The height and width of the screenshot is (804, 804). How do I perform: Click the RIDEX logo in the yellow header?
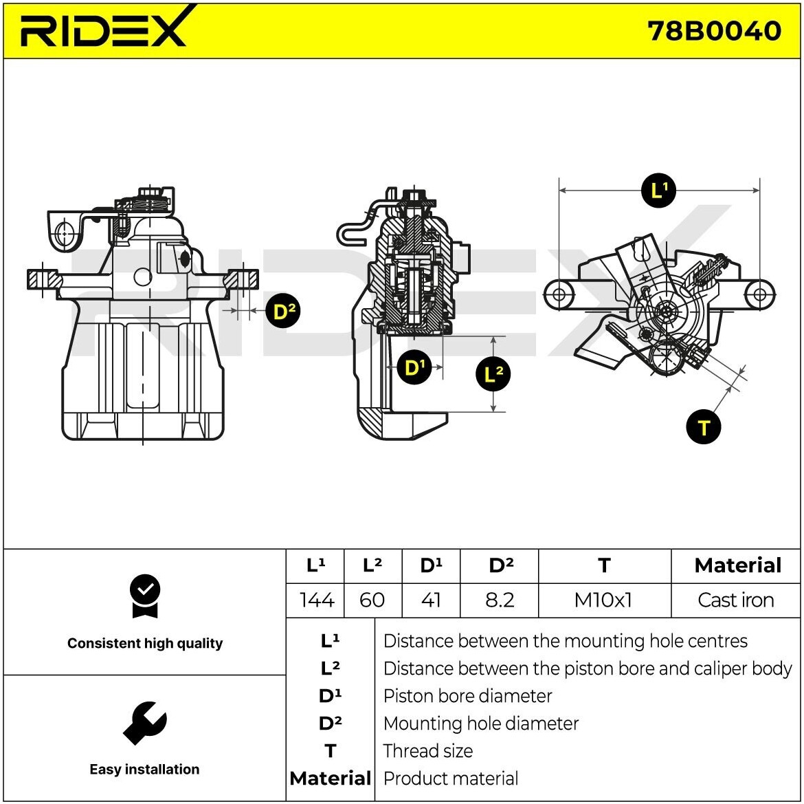point(103,29)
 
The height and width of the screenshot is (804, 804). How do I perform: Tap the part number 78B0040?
point(714,31)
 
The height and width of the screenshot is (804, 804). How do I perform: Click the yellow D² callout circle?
point(283,312)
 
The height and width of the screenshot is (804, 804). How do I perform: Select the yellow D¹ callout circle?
point(414,367)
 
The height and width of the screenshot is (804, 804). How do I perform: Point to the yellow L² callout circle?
point(493,374)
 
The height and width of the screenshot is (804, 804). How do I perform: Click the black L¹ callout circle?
point(658,190)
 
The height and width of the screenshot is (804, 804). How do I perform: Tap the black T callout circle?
point(703,427)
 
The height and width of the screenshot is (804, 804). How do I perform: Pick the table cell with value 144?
point(316,600)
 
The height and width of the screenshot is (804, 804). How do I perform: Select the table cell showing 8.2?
point(500,600)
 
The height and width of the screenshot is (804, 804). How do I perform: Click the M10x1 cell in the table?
point(603,600)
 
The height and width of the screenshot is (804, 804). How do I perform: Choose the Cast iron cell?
point(735,600)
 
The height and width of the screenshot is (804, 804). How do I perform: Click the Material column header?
point(737,565)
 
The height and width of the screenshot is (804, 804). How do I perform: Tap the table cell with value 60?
point(372,600)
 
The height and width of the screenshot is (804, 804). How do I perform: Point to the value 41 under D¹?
point(430,600)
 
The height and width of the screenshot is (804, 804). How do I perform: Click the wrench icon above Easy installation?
point(144,723)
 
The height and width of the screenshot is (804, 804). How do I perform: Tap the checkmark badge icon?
point(144,596)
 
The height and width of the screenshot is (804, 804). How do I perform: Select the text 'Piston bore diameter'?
point(467,696)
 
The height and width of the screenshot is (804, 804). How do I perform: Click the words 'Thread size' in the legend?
point(427,751)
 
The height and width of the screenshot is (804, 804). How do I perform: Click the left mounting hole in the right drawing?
point(559,294)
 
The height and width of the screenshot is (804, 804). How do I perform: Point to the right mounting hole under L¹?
point(759,294)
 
